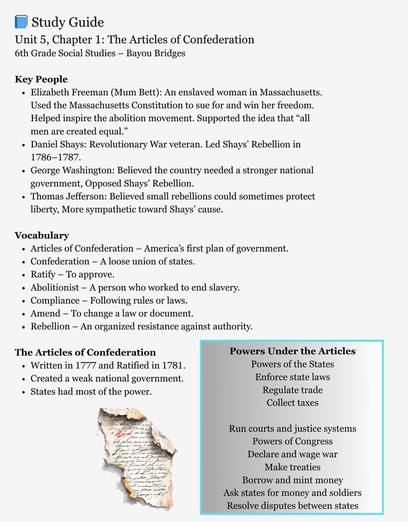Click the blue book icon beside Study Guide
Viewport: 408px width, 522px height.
[21, 22]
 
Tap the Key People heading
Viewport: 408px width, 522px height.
[41, 80]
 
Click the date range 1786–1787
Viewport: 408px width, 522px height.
[56, 157]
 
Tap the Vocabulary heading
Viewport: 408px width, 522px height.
[41, 235]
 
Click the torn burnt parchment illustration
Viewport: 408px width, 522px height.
[137, 457]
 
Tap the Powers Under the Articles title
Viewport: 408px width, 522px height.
[292, 351]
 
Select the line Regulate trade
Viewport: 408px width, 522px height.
[292, 390]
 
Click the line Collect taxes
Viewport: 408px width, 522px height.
[292, 403]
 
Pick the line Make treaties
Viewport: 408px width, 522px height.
[292, 467]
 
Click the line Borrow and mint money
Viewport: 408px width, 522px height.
[292, 480]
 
